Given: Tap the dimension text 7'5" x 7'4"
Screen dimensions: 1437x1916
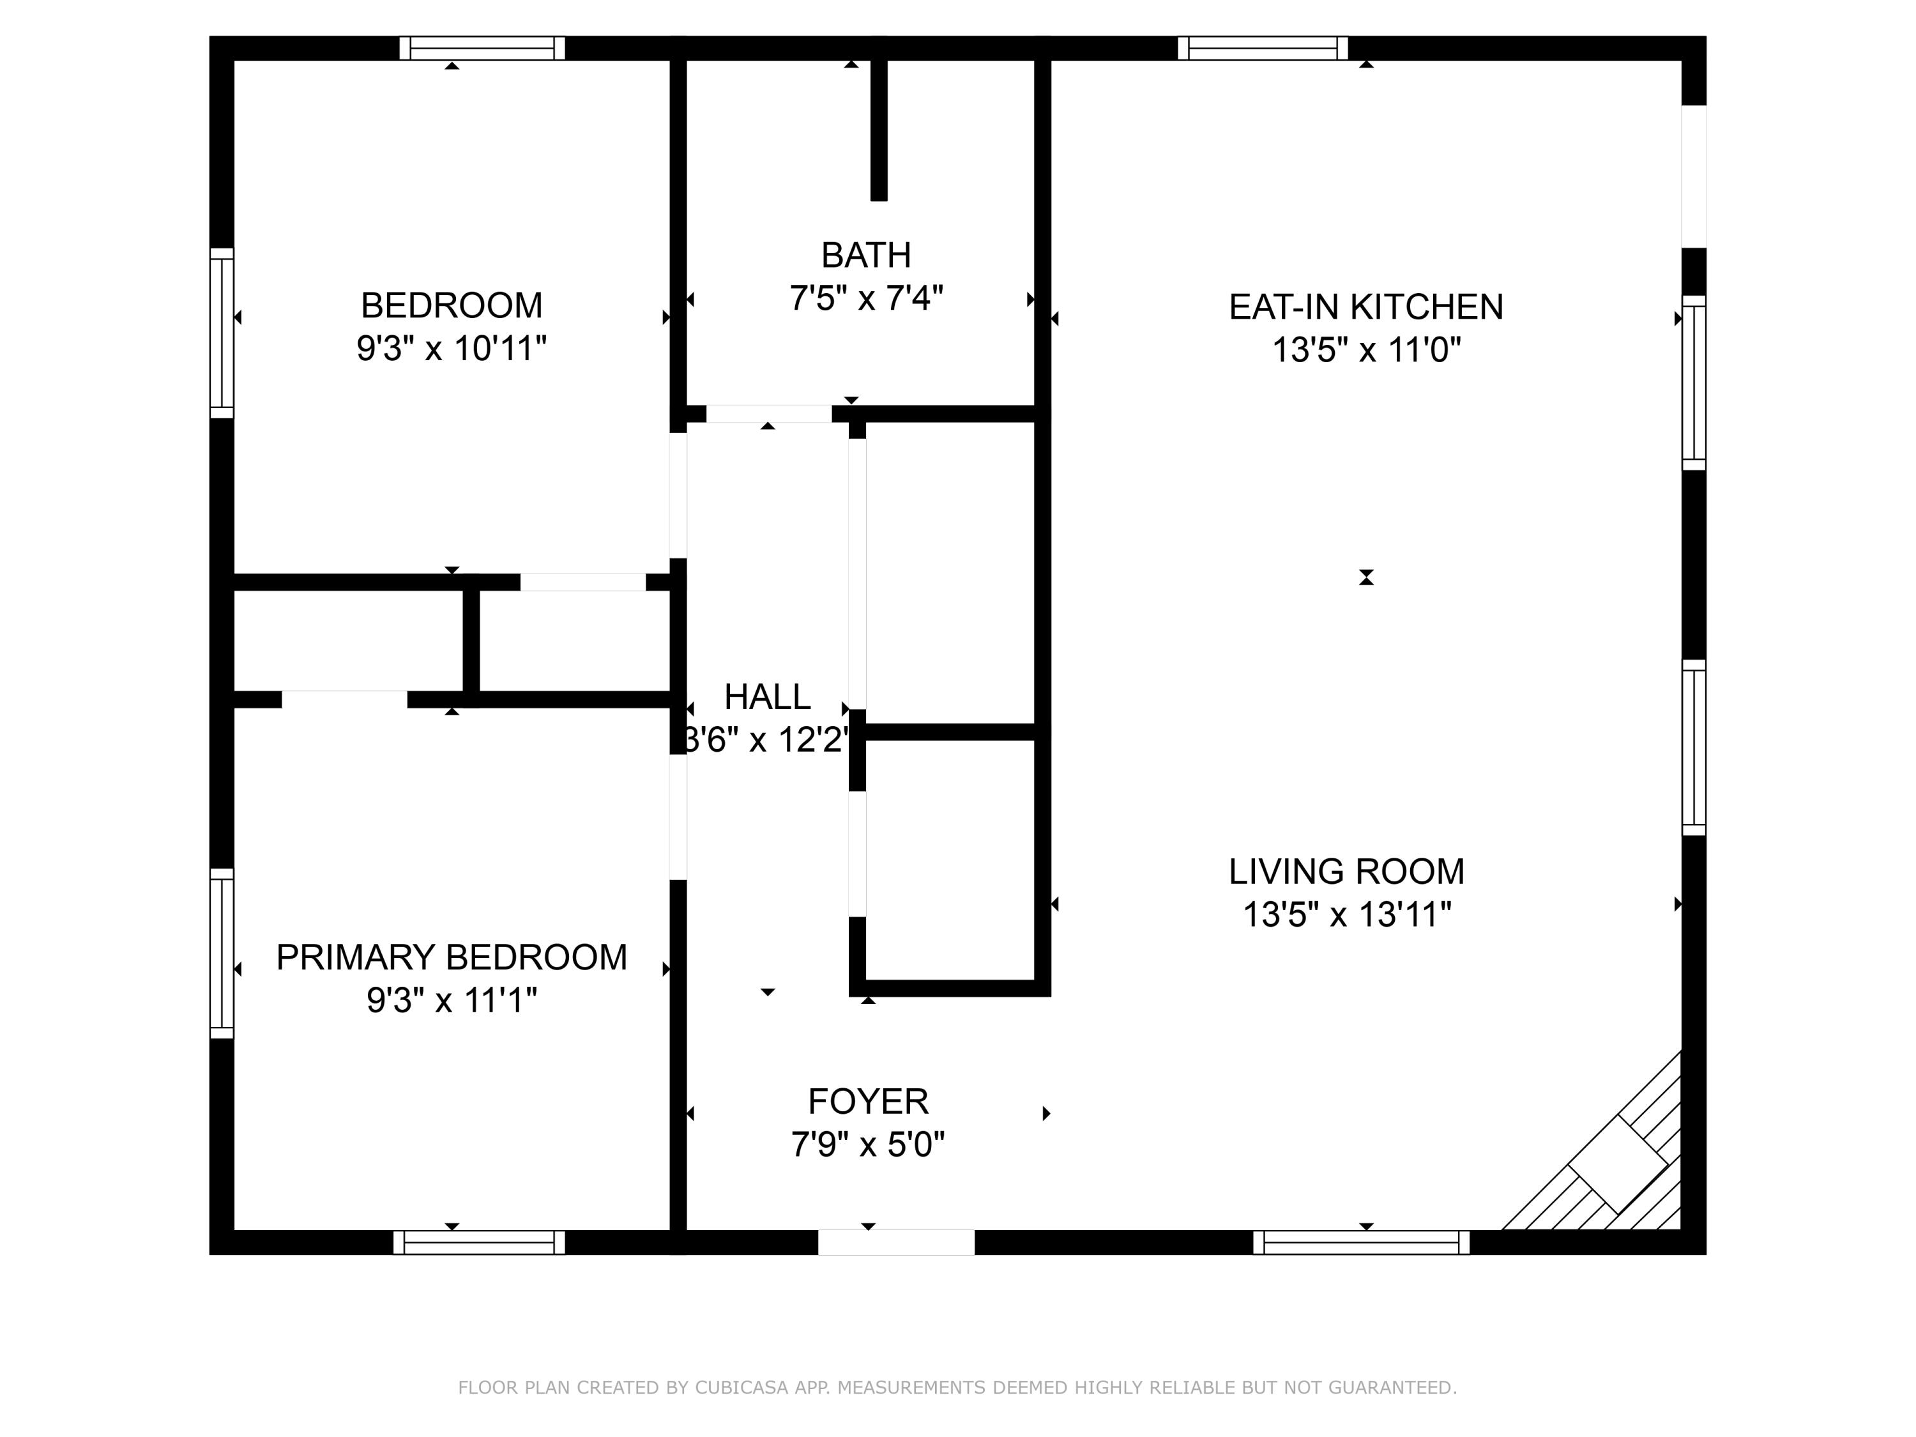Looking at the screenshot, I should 865,298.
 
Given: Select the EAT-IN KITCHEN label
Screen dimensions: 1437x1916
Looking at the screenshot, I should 1366,307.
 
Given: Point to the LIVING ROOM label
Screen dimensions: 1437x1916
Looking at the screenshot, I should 1346,871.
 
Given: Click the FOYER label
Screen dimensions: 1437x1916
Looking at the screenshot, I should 868,1102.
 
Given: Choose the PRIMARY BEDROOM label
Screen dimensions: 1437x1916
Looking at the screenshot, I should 452,957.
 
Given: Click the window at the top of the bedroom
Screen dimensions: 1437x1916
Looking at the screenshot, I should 482,48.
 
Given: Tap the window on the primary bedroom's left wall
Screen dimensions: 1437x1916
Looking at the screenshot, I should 222,953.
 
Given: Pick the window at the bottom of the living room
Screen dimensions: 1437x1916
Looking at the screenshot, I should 1361,1242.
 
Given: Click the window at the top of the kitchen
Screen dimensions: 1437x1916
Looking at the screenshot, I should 1262,48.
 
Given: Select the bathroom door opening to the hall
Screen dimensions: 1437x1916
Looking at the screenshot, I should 768,413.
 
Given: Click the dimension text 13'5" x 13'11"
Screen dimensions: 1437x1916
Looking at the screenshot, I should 1346,915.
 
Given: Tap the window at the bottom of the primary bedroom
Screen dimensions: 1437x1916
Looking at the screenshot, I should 479,1242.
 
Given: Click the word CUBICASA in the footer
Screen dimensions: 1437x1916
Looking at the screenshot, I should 741,1388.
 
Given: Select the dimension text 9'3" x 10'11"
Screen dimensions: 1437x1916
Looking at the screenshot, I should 452,348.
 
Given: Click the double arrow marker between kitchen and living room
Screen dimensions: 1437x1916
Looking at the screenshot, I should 1366,577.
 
